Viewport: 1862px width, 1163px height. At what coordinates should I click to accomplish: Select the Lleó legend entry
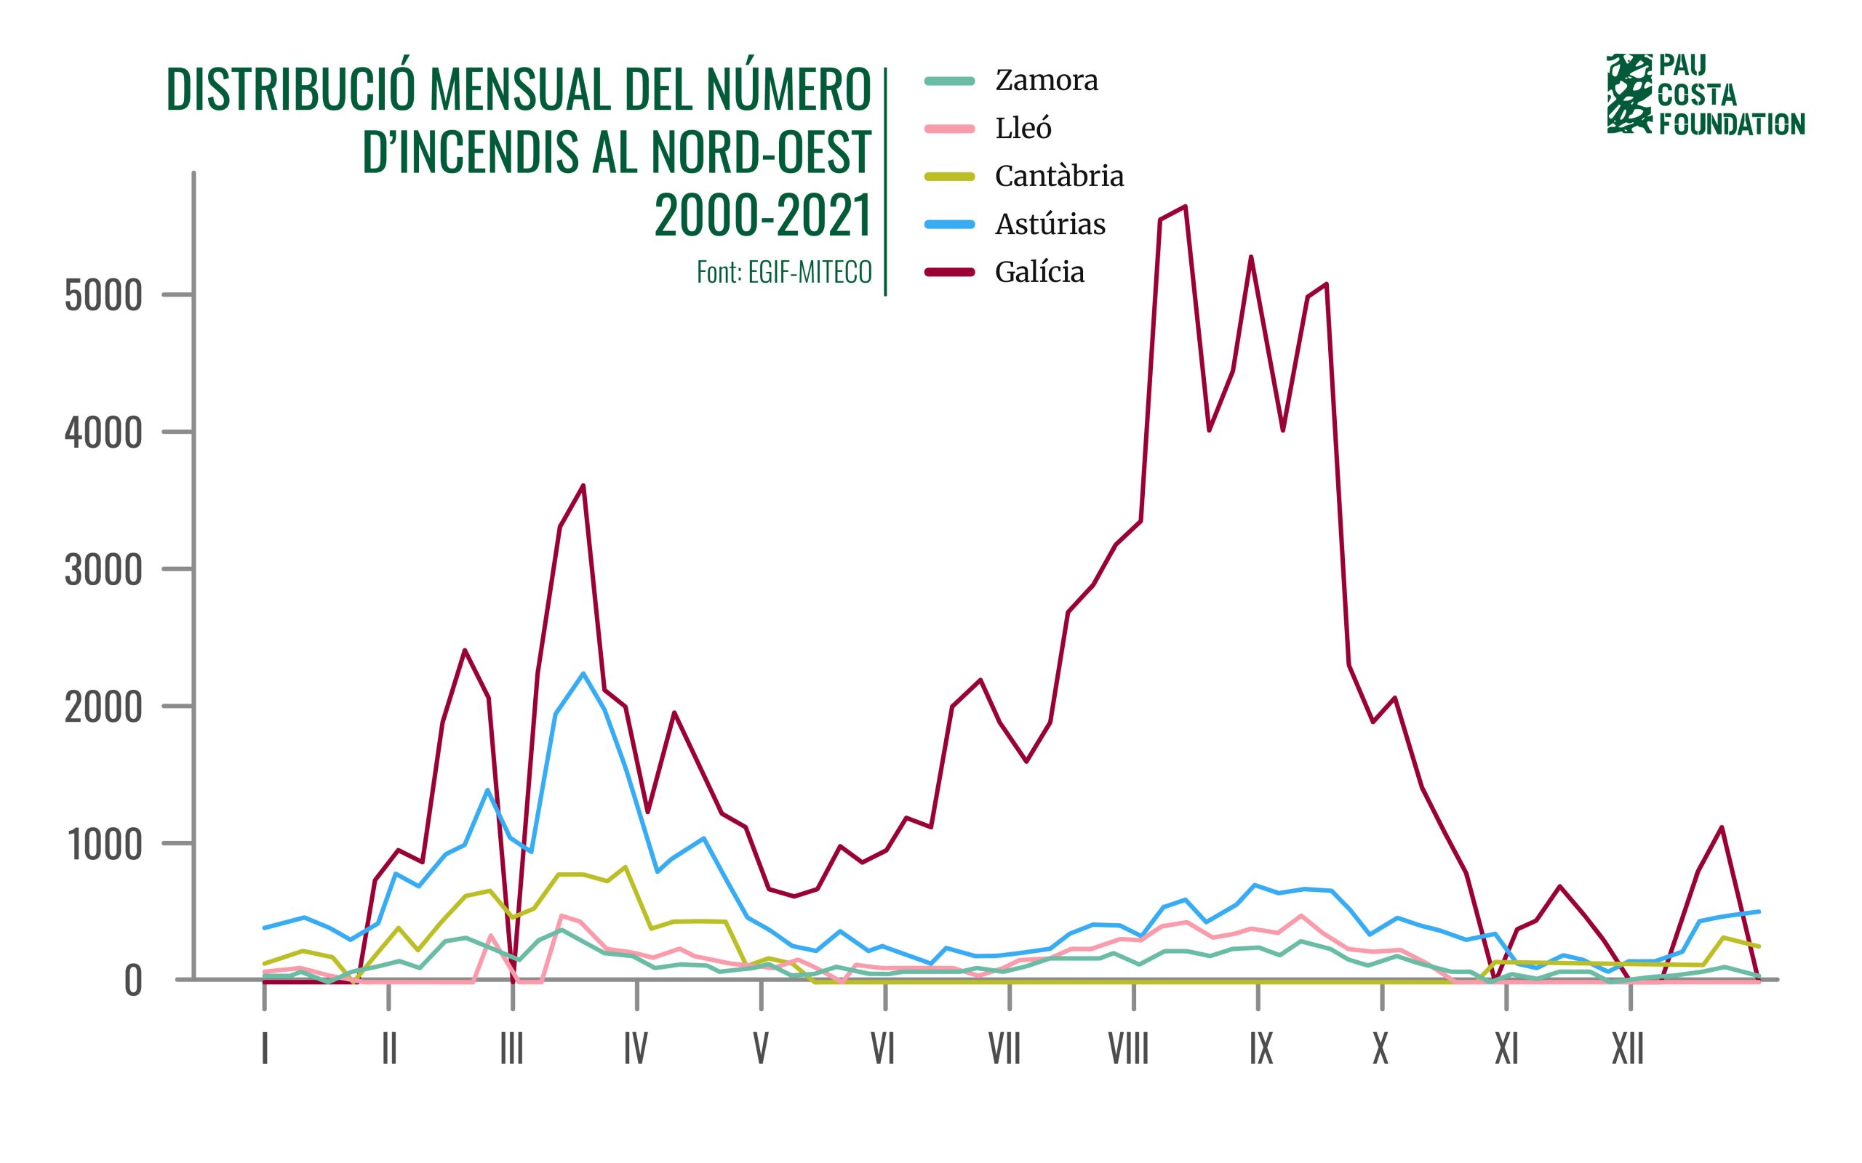(1023, 128)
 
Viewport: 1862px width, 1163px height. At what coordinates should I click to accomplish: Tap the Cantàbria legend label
(1059, 176)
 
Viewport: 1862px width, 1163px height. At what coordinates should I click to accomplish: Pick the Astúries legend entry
(1050, 224)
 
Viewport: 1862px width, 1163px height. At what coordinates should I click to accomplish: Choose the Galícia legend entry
(1039, 272)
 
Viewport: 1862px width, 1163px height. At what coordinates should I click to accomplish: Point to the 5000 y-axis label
(104, 296)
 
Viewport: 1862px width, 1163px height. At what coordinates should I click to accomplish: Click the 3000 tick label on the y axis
(104, 571)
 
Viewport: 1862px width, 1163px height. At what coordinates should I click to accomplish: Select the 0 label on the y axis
(133, 982)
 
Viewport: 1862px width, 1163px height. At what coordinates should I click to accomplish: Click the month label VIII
(1128, 1048)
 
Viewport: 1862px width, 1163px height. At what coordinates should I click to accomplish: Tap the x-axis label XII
(1627, 1048)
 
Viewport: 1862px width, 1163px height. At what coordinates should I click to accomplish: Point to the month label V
(760, 1048)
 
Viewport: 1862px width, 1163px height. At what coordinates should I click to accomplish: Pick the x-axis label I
(265, 1048)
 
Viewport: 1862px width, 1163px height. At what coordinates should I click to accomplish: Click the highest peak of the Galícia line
(1185, 206)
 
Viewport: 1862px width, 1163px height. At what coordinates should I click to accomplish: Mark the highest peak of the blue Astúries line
(583, 673)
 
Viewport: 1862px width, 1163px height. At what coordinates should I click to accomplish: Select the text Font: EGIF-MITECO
(784, 272)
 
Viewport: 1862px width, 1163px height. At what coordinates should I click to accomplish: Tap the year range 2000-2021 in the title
(762, 214)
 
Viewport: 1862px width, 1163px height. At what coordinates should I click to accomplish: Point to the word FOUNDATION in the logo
(1731, 124)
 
